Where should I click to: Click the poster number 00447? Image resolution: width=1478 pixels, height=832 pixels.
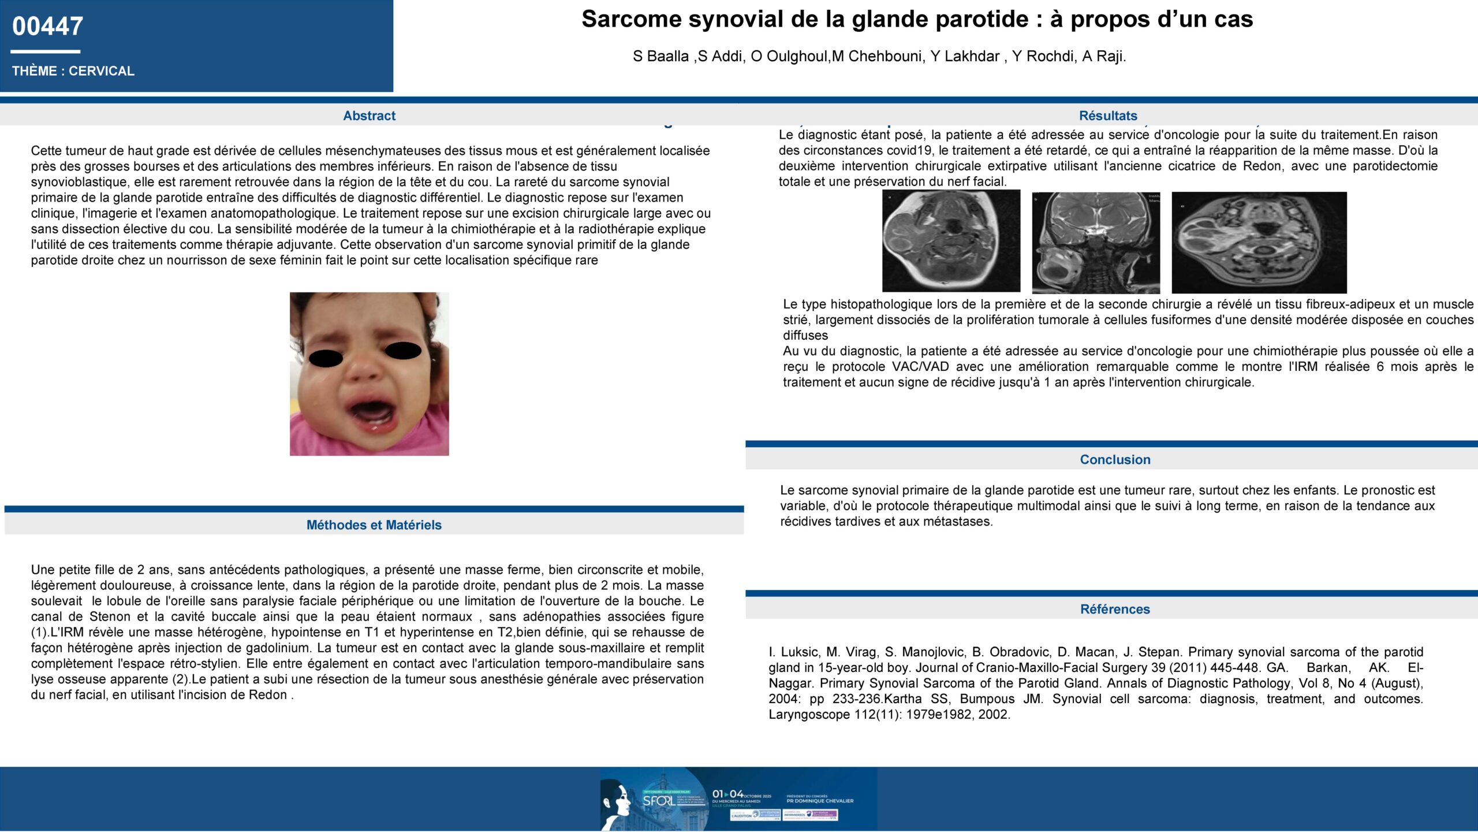pos(47,27)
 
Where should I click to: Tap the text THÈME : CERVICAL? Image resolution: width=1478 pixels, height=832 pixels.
pos(73,71)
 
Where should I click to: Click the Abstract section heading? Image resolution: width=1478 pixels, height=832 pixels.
pos(369,116)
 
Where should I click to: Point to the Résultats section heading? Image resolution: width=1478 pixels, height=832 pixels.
pos(1108,116)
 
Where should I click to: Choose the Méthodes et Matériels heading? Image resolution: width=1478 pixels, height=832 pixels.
pos(374,525)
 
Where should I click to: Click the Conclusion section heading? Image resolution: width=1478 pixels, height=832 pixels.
pos(1115,459)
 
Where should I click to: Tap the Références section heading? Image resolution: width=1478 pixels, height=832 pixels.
pos(1115,609)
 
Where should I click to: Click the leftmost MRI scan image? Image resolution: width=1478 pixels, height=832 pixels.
pos(951,241)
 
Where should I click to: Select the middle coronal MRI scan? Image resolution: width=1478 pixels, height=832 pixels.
pos(1095,243)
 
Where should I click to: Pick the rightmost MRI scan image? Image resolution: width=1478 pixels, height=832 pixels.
pos(1259,243)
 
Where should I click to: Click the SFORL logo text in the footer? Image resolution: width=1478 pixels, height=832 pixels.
pos(658,801)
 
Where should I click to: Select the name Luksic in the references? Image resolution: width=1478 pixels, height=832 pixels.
pos(800,652)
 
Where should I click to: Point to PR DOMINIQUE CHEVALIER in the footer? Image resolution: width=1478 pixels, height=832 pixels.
pos(820,801)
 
